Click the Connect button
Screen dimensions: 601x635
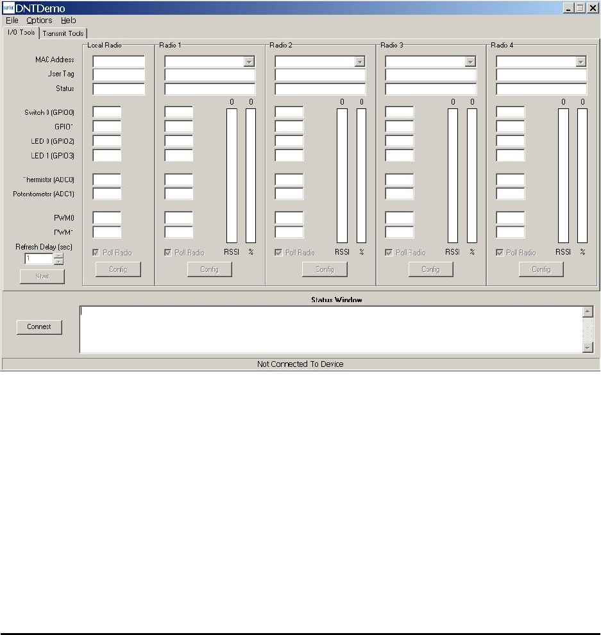pos(39,326)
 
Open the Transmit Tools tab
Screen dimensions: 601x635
pos(63,33)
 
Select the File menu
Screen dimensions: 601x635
pos(12,21)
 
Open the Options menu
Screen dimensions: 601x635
pos(39,21)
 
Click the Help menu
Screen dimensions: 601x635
pos(68,21)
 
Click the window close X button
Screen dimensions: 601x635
pos(592,8)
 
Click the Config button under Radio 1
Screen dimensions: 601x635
pos(210,269)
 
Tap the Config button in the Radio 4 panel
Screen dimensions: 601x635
pos(541,269)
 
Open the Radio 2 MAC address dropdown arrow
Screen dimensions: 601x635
pos(360,62)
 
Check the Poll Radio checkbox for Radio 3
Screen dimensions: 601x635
pos(389,253)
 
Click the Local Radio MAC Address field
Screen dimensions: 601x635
pos(119,62)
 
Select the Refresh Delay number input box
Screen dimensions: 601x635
pos(38,258)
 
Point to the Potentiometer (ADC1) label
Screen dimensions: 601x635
pos(44,194)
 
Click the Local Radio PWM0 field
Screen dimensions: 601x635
pos(107,218)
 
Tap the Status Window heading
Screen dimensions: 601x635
pos(337,300)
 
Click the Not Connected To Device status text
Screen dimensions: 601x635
pos(300,364)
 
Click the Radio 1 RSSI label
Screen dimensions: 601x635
pos(232,252)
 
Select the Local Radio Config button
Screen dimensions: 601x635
pos(118,269)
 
